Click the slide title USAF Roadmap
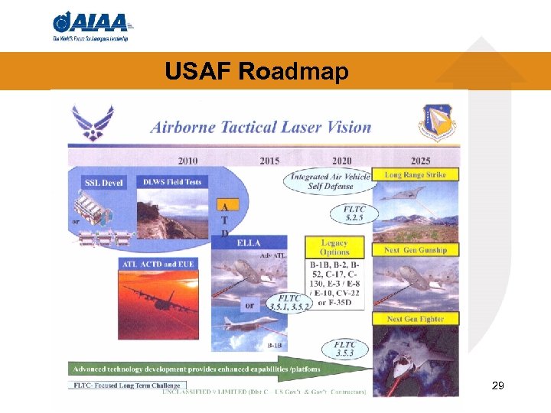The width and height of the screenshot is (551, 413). [256, 72]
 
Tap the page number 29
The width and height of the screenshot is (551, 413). [497, 386]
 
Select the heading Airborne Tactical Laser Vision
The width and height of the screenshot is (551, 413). [261, 127]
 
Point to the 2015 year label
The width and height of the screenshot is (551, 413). [269, 161]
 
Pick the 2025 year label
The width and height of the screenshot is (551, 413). [420, 161]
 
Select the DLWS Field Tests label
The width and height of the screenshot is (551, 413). [172, 182]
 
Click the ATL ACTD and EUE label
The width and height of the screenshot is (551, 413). [158, 265]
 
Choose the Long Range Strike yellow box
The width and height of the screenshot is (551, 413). [415, 175]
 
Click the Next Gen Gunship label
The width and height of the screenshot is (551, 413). [415, 250]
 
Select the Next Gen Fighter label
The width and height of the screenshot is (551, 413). [415, 319]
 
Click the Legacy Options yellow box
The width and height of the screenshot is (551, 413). [334, 247]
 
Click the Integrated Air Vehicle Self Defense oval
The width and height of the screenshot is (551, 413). [331, 181]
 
